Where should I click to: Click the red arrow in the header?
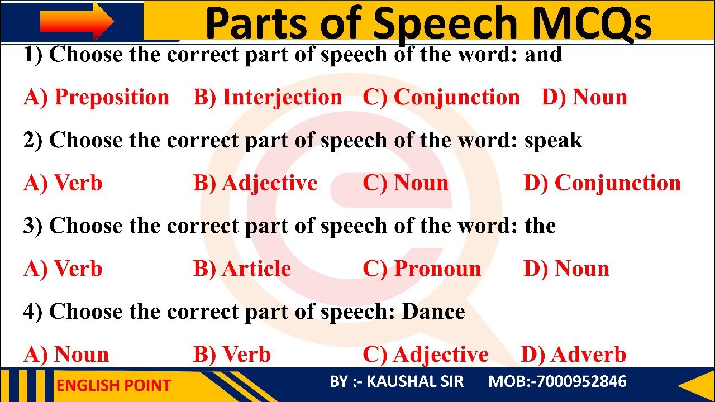coord(77,21)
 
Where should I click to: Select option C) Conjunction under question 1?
coord(441,98)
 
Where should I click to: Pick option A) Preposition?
coord(96,98)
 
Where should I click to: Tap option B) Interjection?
coord(268,98)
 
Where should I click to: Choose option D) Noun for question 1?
coord(584,98)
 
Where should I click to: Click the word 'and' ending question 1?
coord(543,55)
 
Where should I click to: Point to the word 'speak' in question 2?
coord(553,141)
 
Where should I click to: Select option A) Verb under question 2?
coord(63,183)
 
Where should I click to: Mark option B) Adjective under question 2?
coord(255,183)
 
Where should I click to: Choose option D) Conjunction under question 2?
coord(602,183)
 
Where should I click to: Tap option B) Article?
coord(242,269)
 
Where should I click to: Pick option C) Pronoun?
coord(422,269)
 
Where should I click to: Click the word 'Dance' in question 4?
coord(433,312)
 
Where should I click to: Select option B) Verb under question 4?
coord(232,355)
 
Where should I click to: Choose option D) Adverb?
coord(573,355)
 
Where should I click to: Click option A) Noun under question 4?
coord(66,355)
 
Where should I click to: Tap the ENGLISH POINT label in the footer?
coord(113,385)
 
